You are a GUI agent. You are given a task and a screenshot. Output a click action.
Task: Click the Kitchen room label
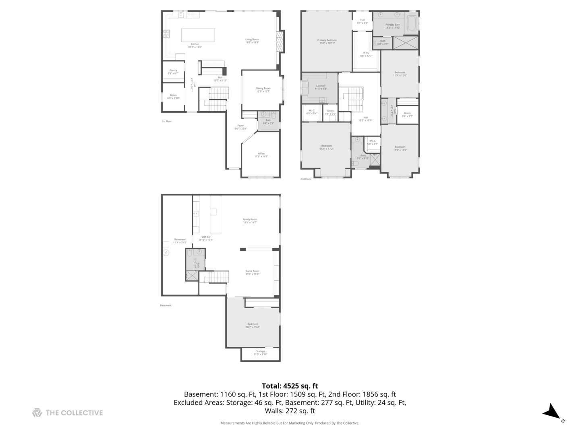pos(195,44)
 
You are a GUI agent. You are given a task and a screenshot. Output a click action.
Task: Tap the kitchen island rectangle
pos(198,35)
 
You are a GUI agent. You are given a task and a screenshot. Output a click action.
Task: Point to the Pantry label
pos(173,70)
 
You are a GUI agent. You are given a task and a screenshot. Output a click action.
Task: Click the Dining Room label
pos(263,89)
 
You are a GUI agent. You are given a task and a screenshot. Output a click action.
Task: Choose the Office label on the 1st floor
pos(261,153)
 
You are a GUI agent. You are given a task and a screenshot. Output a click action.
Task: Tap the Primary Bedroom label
pos(327,40)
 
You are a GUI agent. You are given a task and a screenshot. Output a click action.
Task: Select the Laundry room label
pos(321,86)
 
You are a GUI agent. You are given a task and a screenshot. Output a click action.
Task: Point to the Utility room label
pos(330,111)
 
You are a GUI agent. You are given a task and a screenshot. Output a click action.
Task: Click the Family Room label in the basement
pos(250,220)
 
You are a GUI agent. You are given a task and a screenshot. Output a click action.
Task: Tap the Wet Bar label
pos(206,237)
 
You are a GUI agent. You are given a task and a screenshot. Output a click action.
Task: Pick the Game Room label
pos(253,271)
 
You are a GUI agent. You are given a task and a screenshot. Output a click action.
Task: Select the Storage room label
pos(261,351)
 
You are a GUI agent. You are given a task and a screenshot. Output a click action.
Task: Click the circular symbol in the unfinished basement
pos(166,253)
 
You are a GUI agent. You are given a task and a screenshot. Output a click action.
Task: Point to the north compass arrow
pos(551,412)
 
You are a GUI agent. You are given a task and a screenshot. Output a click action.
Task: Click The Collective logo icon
pos(37,412)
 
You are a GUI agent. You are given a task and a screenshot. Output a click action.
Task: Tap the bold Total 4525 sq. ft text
pos(290,386)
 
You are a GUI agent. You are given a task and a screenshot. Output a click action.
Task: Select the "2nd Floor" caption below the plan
pos(306,179)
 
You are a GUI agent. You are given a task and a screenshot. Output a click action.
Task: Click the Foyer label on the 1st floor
pos(240,126)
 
